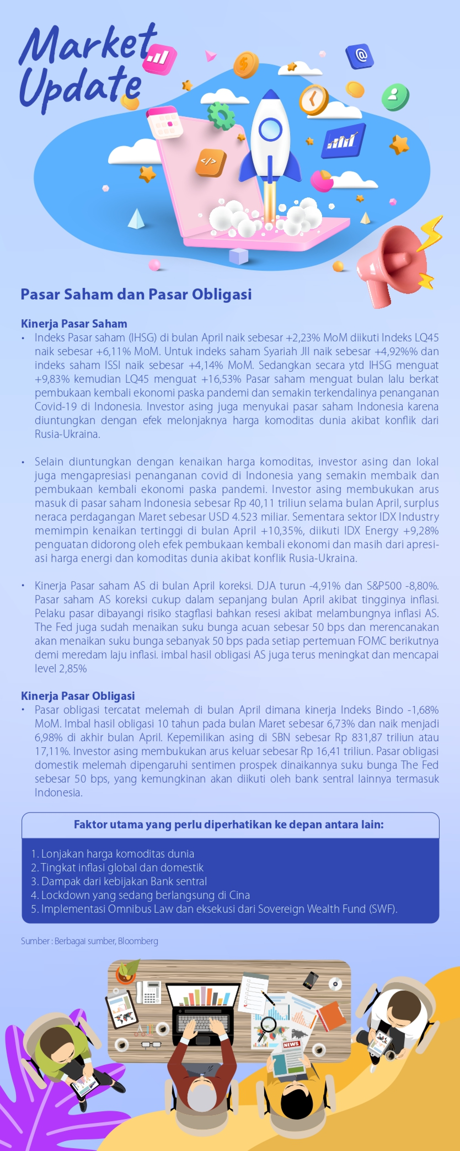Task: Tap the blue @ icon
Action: point(360,56)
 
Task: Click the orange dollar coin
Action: point(245,64)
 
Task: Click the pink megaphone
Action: point(393,264)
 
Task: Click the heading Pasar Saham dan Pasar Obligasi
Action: point(136,295)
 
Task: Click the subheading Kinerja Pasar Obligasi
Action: point(78,696)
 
